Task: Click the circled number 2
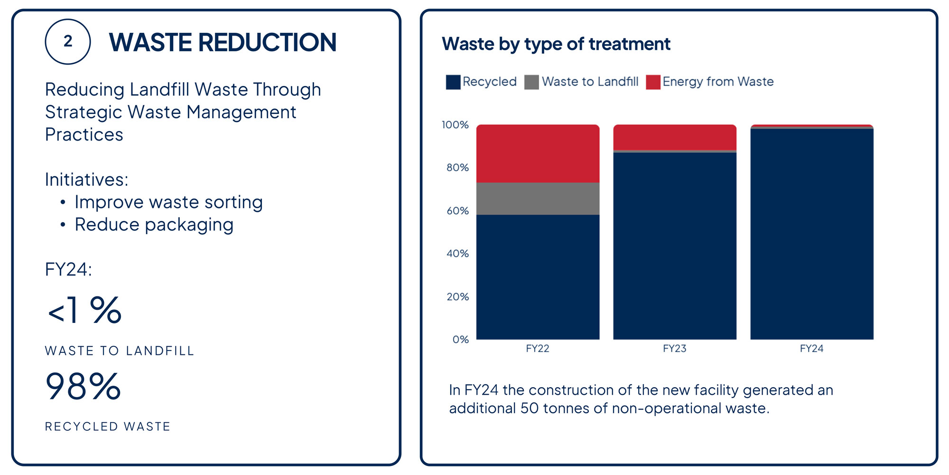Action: click(68, 42)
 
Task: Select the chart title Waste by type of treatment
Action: click(556, 44)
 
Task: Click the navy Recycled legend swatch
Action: click(453, 82)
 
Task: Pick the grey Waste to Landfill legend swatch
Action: click(531, 82)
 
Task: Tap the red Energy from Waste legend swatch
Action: click(653, 82)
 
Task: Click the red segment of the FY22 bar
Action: click(538, 153)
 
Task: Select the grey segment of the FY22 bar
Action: click(538, 199)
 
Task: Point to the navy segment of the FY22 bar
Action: click(538, 277)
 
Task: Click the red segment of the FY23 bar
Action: click(675, 137)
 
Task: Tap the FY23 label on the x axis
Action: click(675, 349)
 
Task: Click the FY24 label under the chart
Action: click(811, 349)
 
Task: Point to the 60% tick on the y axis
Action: click(457, 211)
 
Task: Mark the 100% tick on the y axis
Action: click(455, 125)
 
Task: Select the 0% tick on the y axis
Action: click(460, 340)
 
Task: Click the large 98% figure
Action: click(83, 386)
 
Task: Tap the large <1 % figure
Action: click(84, 311)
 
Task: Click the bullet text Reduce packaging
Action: click(154, 225)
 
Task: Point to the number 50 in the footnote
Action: click(529, 408)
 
